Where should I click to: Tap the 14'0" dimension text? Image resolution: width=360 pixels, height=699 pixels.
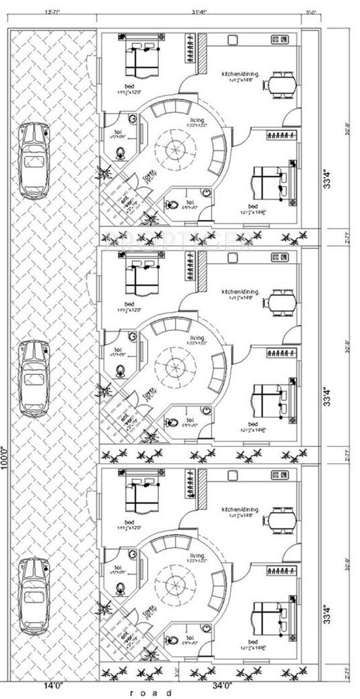tap(53, 685)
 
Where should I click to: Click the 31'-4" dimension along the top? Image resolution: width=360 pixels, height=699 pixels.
tap(198, 12)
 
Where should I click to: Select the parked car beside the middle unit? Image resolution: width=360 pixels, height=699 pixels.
tap(34, 378)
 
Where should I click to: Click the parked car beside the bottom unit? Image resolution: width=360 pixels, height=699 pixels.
tap(34, 596)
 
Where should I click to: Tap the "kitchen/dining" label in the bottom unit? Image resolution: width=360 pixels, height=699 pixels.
tap(240, 509)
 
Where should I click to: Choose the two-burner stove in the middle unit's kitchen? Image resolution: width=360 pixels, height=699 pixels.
tap(279, 257)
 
